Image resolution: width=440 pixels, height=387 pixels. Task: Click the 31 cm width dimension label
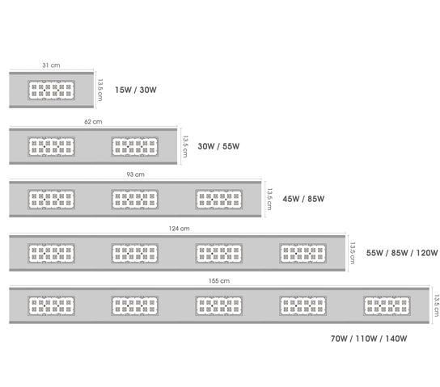51,65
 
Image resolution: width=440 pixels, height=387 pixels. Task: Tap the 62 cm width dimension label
93,122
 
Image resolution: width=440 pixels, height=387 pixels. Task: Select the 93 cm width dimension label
135,175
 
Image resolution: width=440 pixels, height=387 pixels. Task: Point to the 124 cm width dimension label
179,229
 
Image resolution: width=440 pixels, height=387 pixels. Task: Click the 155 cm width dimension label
219,281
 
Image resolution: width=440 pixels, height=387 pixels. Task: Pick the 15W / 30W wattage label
136,90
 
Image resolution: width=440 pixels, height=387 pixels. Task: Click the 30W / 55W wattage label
218,146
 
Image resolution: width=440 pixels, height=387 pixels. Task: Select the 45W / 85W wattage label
303,199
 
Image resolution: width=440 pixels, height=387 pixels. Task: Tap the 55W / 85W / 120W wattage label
402,253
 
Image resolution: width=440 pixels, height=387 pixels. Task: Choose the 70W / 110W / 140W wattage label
369,339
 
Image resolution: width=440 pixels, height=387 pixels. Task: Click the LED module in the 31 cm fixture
51,90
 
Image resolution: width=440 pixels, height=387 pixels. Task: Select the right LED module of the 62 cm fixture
135,146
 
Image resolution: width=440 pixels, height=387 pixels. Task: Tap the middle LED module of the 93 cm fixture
135,200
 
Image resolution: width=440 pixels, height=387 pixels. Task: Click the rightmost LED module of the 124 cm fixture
302,254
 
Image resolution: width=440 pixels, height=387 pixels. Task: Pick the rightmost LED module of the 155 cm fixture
387,305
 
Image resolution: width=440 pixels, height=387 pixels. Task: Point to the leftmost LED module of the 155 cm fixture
51,305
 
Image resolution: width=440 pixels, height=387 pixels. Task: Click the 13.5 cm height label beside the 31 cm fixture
100,90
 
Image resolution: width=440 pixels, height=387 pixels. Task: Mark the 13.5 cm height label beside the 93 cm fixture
269,199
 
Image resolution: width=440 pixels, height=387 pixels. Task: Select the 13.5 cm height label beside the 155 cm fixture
437,305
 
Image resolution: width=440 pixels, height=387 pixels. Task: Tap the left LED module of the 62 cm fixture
51,146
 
